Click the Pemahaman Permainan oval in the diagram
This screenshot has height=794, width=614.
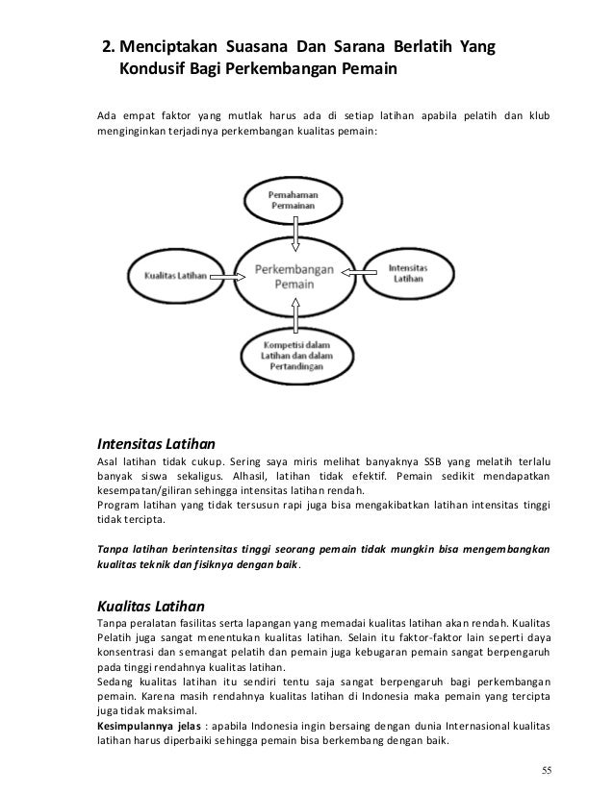coord(297,201)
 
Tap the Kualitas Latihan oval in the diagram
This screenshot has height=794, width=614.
coord(175,276)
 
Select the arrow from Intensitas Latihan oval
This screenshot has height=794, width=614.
coord(355,276)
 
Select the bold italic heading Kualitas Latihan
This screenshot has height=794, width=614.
coord(150,606)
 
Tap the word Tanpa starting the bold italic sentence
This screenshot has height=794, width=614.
coord(115,550)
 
